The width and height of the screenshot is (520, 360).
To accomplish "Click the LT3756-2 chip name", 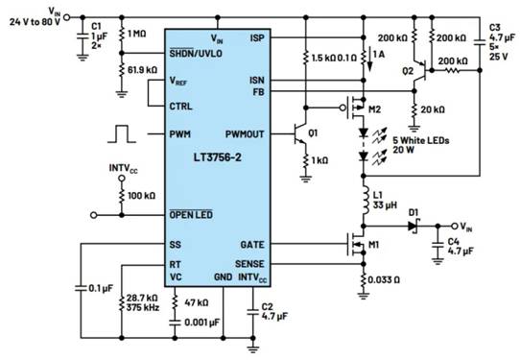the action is pos(218,157).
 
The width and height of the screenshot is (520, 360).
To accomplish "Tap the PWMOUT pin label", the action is pos(245,134).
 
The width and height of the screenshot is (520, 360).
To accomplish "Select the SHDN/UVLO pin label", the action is pos(196,54).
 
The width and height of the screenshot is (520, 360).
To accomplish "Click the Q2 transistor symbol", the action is pos(420,71).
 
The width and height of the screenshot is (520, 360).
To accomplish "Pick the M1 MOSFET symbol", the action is pos(357,244).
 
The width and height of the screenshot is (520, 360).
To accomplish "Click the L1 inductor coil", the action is pos(366,201).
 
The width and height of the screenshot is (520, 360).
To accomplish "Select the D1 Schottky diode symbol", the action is pos(413,227).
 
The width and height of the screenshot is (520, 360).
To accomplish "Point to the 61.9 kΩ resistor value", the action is pos(143,70).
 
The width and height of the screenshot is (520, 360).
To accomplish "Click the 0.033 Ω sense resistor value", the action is pos(384,280).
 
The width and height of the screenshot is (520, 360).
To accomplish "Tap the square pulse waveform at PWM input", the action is pos(122,134).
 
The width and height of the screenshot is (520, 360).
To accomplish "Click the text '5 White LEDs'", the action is pos(421,140).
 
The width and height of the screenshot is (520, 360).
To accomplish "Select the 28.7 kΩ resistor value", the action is pos(142,298).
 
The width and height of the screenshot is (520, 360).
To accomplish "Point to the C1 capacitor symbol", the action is pos(83,36).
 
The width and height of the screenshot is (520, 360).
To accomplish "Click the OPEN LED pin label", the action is pos(191,215).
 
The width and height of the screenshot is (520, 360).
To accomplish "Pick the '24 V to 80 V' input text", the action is pos(35,22).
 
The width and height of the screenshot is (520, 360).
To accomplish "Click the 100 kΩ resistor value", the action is pos(141,196).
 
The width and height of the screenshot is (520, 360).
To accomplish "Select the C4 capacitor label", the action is pos(454,242).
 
